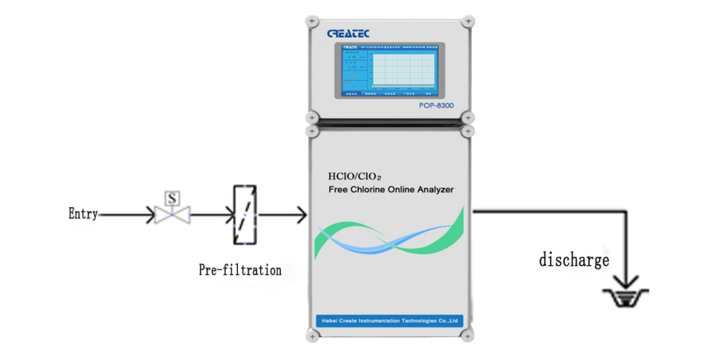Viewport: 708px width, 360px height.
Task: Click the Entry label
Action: click(x=83, y=215)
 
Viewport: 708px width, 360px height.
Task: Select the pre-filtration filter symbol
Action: click(x=242, y=215)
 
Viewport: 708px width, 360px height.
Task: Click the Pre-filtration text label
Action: click(x=240, y=270)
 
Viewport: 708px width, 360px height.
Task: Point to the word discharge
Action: click(x=574, y=260)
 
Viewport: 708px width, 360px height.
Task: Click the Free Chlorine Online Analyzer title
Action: click(x=392, y=190)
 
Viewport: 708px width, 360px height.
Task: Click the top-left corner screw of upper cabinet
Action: click(x=312, y=21)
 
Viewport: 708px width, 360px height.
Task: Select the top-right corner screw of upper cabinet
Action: click(x=468, y=21)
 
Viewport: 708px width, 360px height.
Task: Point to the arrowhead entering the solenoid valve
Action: click(x=150, y=215)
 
